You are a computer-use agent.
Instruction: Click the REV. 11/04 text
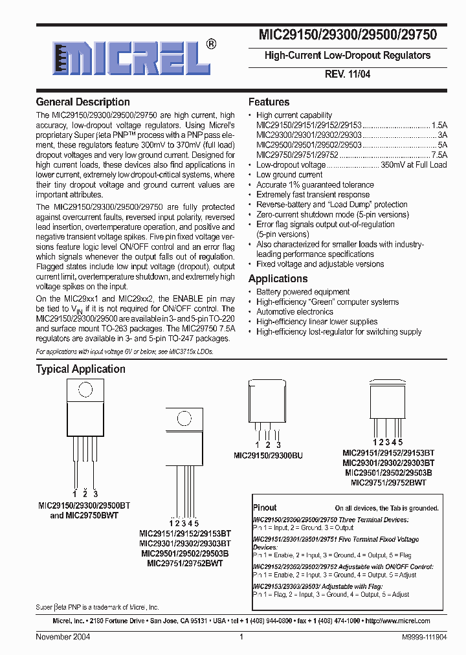[x=347, y=74]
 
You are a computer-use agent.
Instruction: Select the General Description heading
[x=83, y=102]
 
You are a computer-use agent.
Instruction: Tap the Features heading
[x=269, y=102]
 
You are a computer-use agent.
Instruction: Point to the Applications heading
[x=278, y=278]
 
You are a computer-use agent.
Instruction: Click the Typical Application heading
[x=80, y=369]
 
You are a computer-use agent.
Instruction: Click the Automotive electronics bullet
[x=294, y=311]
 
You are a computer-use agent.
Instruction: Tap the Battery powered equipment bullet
[x=303, y=292]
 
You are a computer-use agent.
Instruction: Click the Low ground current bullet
[x=289, y=175]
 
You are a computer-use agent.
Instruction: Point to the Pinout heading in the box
[x=265, y=508]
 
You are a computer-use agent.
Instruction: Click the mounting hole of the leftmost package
[x=83, y=390]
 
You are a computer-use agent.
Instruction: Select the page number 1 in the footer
[x=241, y=637]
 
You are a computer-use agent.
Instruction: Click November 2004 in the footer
[x=63, y=637]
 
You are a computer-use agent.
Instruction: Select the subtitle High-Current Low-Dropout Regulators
[x=347, y=56]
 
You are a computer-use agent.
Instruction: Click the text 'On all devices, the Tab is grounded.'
[x=386, y=509]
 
